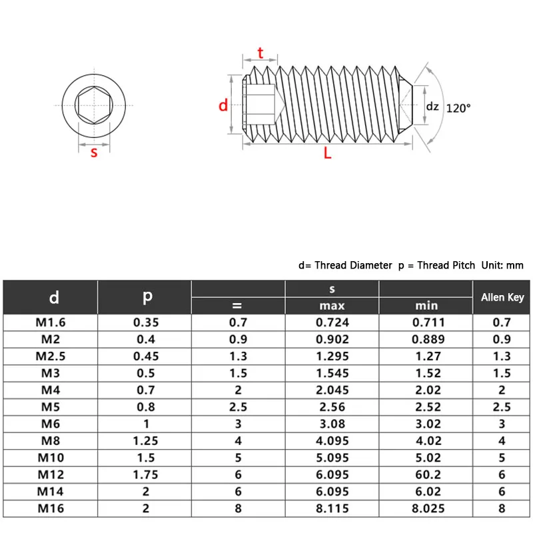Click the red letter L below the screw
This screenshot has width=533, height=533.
(327, 153)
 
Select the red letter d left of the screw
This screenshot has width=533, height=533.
(224, 105)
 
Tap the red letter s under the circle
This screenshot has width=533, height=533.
(94, 153)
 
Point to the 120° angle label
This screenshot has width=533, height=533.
(458, 107)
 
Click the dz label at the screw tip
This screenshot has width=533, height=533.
(432, 106)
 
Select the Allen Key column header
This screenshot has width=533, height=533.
(502, 297)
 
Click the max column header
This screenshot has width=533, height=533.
(332, 306)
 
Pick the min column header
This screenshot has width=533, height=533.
(426, 306)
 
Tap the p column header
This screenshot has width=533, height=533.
(147, 297)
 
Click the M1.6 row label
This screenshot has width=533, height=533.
(51, 323)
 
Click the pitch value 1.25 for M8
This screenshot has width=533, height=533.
(146, 440)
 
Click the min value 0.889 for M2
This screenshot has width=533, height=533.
(426, 340)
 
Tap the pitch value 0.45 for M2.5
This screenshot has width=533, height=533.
(146, 356)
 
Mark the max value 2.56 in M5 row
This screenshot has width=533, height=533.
(332, 406)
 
